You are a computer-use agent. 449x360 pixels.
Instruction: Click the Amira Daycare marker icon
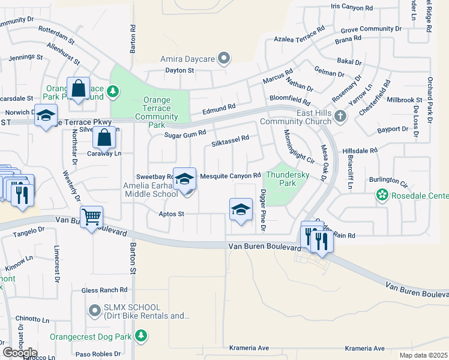coord(224,59)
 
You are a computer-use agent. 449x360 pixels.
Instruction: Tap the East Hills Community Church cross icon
coord(340,116)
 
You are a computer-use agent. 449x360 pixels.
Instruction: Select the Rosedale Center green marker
coord(381,195)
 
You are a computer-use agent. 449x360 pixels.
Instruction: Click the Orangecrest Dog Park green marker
coord(140,335)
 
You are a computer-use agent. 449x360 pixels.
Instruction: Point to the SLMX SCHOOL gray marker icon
coord(94,310)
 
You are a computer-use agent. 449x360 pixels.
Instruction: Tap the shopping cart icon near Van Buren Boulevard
coord(91,217)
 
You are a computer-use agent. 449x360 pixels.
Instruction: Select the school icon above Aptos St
coord(241,209)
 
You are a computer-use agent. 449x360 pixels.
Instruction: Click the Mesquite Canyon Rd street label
coord(230,176)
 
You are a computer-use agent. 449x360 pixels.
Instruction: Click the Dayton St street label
coord(180,70)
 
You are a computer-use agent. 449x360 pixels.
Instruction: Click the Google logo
coord(20,352)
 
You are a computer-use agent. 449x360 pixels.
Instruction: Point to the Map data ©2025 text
coord(423,355)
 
